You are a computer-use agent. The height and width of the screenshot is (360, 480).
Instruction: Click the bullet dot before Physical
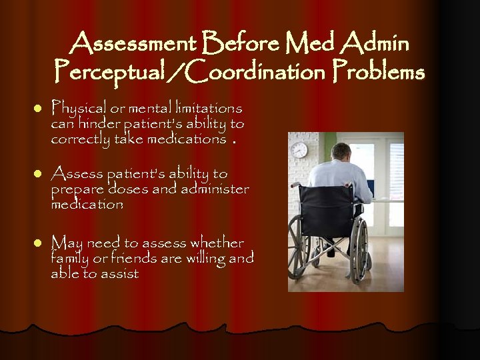(37, 108)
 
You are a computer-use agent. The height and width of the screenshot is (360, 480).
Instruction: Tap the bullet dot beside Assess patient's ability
(37, 174)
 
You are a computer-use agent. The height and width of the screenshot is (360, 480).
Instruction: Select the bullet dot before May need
(37, 242)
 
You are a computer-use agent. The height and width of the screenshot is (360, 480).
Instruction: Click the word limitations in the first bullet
(207, 108)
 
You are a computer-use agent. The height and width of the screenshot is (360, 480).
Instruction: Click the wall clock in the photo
(299, 151)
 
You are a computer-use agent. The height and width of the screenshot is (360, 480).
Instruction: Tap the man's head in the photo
(342, 151)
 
